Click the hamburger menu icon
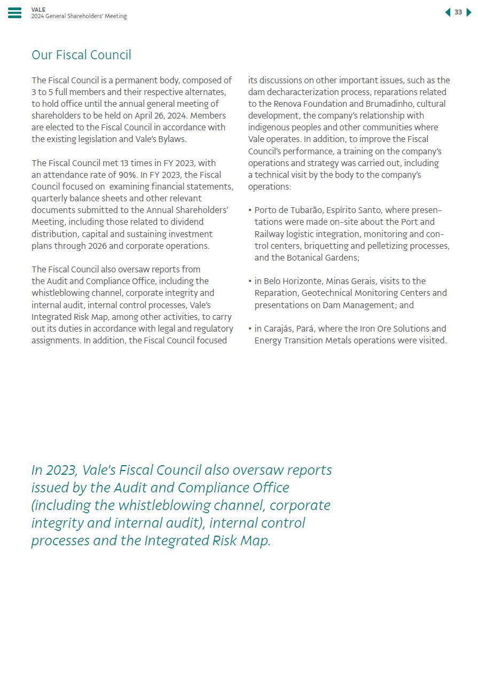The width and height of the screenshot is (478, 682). (15, 13)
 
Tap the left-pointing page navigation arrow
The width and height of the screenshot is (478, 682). (448, 12)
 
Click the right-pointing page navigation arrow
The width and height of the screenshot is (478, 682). (469, 12)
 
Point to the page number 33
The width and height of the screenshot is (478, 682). (458, 12)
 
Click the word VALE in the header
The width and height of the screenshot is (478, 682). (38, 10)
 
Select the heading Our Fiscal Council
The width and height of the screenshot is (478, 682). (81, 55)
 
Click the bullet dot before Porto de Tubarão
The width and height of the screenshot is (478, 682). (250, 210)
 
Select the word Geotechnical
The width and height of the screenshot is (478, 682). (327, 293)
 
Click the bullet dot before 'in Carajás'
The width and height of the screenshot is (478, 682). (250, 328)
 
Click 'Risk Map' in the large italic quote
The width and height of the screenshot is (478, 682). (240, 540)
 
